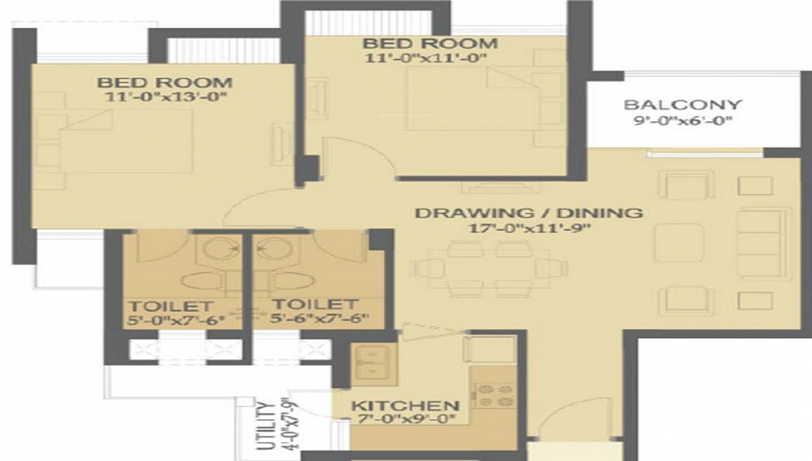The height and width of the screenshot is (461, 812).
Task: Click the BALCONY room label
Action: tap(682, 105)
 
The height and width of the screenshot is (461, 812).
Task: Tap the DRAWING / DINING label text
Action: tap(529, 213)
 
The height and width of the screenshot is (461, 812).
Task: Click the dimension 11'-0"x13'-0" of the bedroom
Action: tap(165, 97)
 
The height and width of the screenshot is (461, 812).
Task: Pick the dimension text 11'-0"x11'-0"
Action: tap(430, 58)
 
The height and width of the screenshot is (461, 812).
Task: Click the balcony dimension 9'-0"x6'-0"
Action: tap(682, 123)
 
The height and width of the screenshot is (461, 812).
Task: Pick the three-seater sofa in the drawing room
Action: tap(760, 243)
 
